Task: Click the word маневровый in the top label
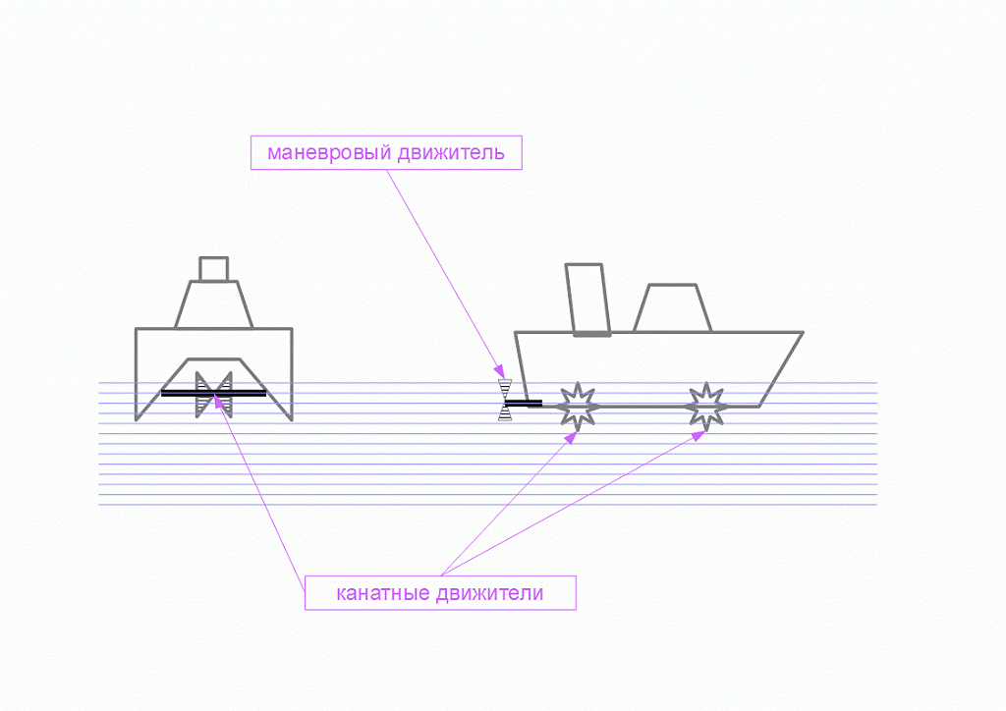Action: tap(328, 152)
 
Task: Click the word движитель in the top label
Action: tap(450, 153)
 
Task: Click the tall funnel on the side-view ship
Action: tap(587, 300)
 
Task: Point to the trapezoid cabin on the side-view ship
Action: tap(672, 308)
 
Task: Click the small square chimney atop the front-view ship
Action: tap(213, 269)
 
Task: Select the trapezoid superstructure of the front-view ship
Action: tap(213, 304)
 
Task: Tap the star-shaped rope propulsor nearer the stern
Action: tap(578, 407)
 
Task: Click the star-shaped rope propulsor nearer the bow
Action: tap(706, 407)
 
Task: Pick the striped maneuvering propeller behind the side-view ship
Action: tap(505, 400)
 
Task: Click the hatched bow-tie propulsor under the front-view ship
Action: tap(213, 395)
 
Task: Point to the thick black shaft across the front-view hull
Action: tap(213, 394)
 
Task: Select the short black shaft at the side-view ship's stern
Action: tap(524, 404)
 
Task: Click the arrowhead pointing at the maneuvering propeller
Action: tap(498, 371)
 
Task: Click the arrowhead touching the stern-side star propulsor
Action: tap(570, 437)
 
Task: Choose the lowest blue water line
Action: tap(487, 505)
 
